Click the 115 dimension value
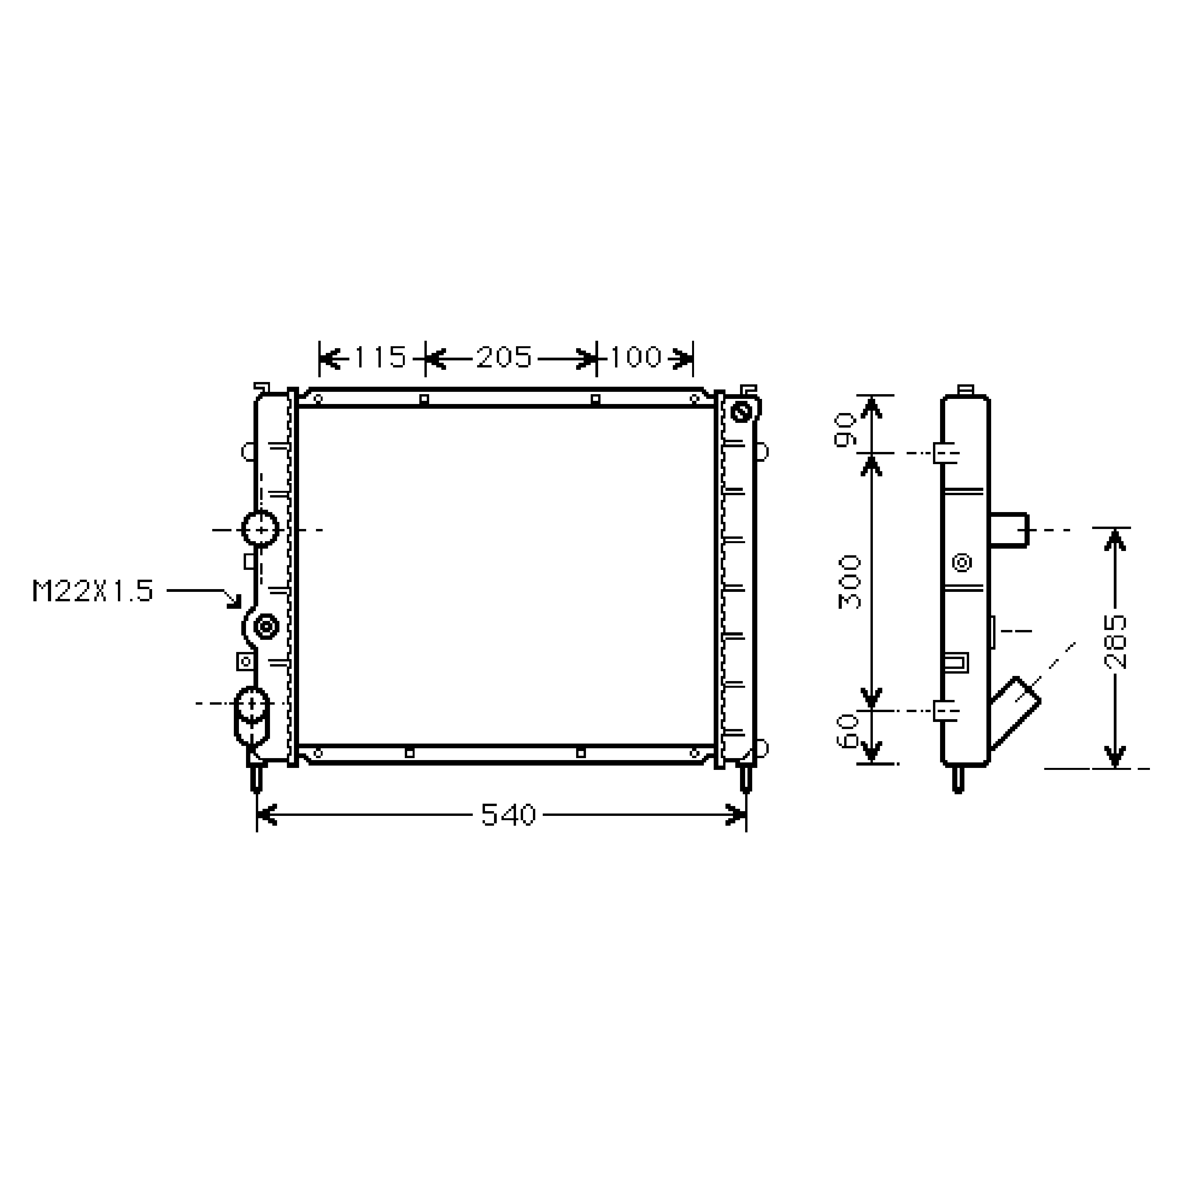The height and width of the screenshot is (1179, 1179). pyautogui.click(x=380, y=357)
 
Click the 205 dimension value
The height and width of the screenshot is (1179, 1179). pyautogui.click(x=504, y=357)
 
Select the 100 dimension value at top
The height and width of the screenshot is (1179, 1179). pyautogui.click(x=635, y=357)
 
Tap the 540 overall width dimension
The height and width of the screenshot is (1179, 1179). pyautogui.click(x=508, y=815)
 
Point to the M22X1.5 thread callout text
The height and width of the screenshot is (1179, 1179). pyautogui.click(x=93, y=591)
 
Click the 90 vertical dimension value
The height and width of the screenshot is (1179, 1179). pyautogui.click(x=847, y=430)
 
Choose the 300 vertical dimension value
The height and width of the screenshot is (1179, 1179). pyautogui.click(x=849, y=582)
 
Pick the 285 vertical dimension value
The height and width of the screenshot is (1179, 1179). pyautogui.click(x=1116, y=642)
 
